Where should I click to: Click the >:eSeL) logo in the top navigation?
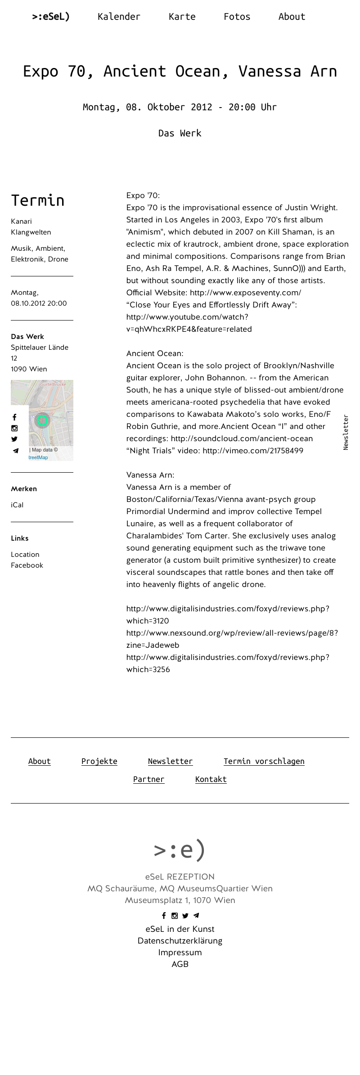pos(51,17)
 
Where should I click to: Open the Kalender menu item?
pos(119,17)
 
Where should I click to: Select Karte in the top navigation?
pos(182,17)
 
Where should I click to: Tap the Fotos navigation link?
pos(237,17)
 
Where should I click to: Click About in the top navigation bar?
pos(292,17)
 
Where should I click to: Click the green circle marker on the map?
pos(42,420)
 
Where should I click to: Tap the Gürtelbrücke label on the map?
pos(53,384)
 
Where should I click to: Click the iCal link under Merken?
pos(17,505)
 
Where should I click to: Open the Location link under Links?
pos(25,555)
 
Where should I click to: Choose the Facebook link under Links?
pos(27,565)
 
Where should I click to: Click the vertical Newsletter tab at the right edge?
pos(346,432)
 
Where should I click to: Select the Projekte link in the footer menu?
pos(99,761)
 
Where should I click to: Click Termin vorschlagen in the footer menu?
pos(264,761)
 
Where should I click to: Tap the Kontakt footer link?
pos(211,779)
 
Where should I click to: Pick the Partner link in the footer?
pos(148,779)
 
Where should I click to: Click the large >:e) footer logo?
pos(180,849)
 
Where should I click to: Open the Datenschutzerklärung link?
pos(180,941)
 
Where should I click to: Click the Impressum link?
pos(180,953)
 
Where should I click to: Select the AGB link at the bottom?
pos(180,964)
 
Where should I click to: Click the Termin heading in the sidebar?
pos(38,200)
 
